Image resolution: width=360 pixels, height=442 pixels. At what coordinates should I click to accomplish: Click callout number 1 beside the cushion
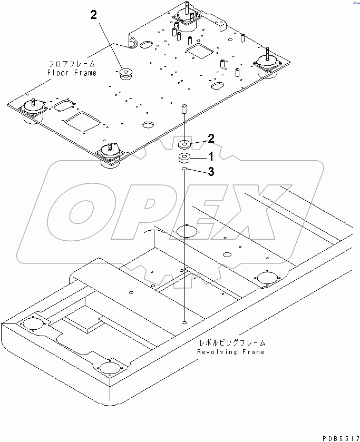(x=210, y=156)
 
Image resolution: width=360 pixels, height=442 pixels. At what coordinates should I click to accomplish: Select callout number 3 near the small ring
(x=210, y=172)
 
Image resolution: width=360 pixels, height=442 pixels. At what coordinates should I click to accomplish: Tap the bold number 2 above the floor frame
(x=93, y=15)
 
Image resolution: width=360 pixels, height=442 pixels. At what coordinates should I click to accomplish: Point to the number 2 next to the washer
(x=210, y=139)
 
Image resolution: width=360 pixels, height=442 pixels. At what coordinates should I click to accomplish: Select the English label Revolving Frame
(x=231, y=351)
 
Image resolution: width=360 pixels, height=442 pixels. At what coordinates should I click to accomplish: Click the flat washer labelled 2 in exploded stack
(x=184, y=144)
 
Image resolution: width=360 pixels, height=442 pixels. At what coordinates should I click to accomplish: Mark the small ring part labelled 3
(x=184, y=170)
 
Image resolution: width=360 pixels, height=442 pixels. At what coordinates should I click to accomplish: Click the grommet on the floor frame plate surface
(x=127, y=74)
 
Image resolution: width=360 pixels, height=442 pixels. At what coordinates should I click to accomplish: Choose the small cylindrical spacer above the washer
(x=184, y=110)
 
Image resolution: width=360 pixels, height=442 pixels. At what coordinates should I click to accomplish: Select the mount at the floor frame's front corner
(x=110, y=155)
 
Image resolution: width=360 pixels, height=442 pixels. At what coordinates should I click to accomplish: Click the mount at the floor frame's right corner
(x=268, y=65)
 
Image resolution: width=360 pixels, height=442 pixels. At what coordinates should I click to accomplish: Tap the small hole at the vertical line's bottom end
(x=184, y=321)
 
